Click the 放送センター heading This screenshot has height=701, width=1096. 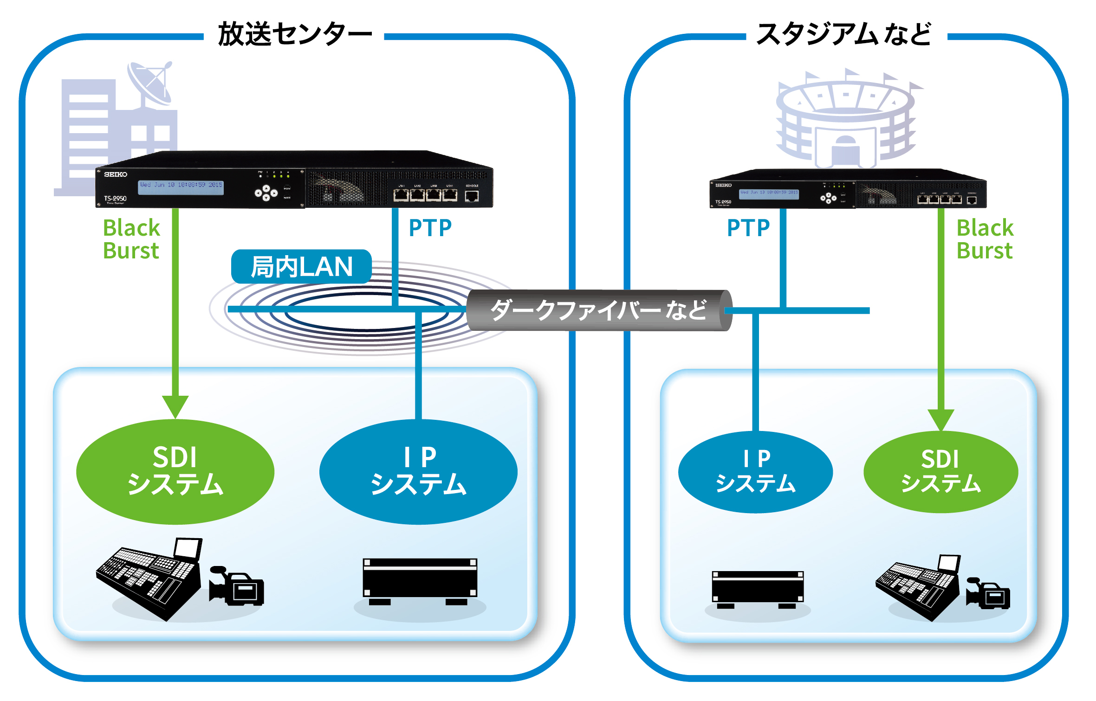(294, 34)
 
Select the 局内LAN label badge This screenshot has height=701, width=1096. (301, 267)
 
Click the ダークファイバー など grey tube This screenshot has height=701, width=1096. (599, 310)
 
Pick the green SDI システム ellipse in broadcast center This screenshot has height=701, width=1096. (175, 471)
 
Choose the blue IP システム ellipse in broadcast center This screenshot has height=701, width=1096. (418, 471)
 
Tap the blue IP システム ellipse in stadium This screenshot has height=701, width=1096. (755, 471)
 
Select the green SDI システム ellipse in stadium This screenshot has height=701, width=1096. (940, 471)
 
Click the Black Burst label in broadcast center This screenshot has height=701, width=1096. (131, 239)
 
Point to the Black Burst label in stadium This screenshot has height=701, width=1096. (985, 239)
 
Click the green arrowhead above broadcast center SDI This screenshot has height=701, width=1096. (175, 405)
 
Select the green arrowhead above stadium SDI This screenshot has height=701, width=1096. (940, 419)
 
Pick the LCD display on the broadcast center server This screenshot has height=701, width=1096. (181, 187)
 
